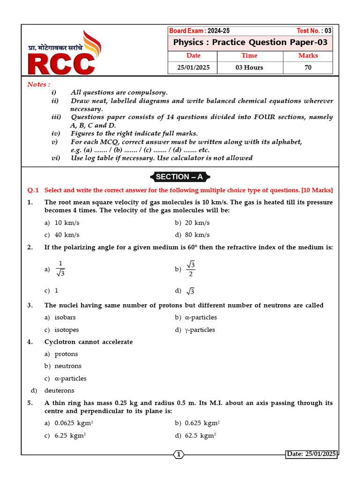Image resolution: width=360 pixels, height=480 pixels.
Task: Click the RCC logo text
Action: pyautogui.click(x=61, y=64)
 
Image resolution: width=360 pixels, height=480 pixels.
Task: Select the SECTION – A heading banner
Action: pyautogui.click(x=180, y=177)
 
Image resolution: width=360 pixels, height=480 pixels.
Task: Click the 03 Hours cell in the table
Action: pyautogui.click(x=249, y=67)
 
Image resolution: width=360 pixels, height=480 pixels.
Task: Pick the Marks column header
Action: pyautogui.click(x=308, y=56)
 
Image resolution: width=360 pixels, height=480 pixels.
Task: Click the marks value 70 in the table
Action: pyautogui.click(x=308, y=67)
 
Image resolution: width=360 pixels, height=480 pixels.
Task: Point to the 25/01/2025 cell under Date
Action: pyautogui.click(x=193, y=67)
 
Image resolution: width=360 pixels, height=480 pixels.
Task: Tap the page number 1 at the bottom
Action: pyautogui.click(x=179, y=454)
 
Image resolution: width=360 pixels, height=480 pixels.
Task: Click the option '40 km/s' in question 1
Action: pyautogui.click(x=67, y=235)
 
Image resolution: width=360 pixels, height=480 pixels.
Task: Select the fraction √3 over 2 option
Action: pyautogui.click(x=191, y=269)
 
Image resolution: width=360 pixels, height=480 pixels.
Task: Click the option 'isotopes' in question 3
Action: pyautogui.click(x=67, y=330)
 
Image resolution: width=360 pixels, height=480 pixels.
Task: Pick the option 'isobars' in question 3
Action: pyautogui.click(x=65, y=318)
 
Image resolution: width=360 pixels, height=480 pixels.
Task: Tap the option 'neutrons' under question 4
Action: pyautogui.click(x=68, y=366)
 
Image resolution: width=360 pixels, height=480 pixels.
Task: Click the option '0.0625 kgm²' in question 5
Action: pyautogui.click(x=74, y=423)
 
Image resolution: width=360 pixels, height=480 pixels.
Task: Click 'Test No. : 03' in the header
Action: pyautogui.click(x=314, y=31)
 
